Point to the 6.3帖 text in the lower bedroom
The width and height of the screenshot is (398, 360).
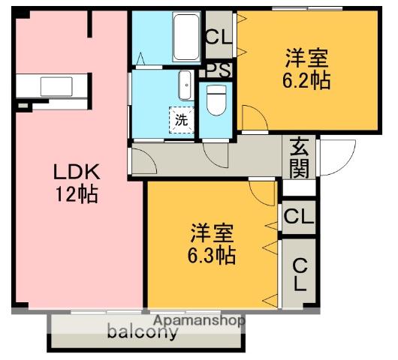[x=211, y=255]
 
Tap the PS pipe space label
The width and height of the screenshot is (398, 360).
[x=219, y=71]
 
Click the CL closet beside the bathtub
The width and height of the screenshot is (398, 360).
[x=219, y=37]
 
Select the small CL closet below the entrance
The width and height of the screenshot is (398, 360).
[x=298, y=217]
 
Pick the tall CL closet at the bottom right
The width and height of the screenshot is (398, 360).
[x=299, y=274]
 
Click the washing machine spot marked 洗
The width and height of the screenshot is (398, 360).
[x=182, y=119]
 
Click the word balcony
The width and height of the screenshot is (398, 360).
[x=143, y=332]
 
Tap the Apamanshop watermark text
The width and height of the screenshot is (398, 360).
[x=199, y=320]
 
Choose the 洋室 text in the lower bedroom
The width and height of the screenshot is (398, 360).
[x=211, y=232]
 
